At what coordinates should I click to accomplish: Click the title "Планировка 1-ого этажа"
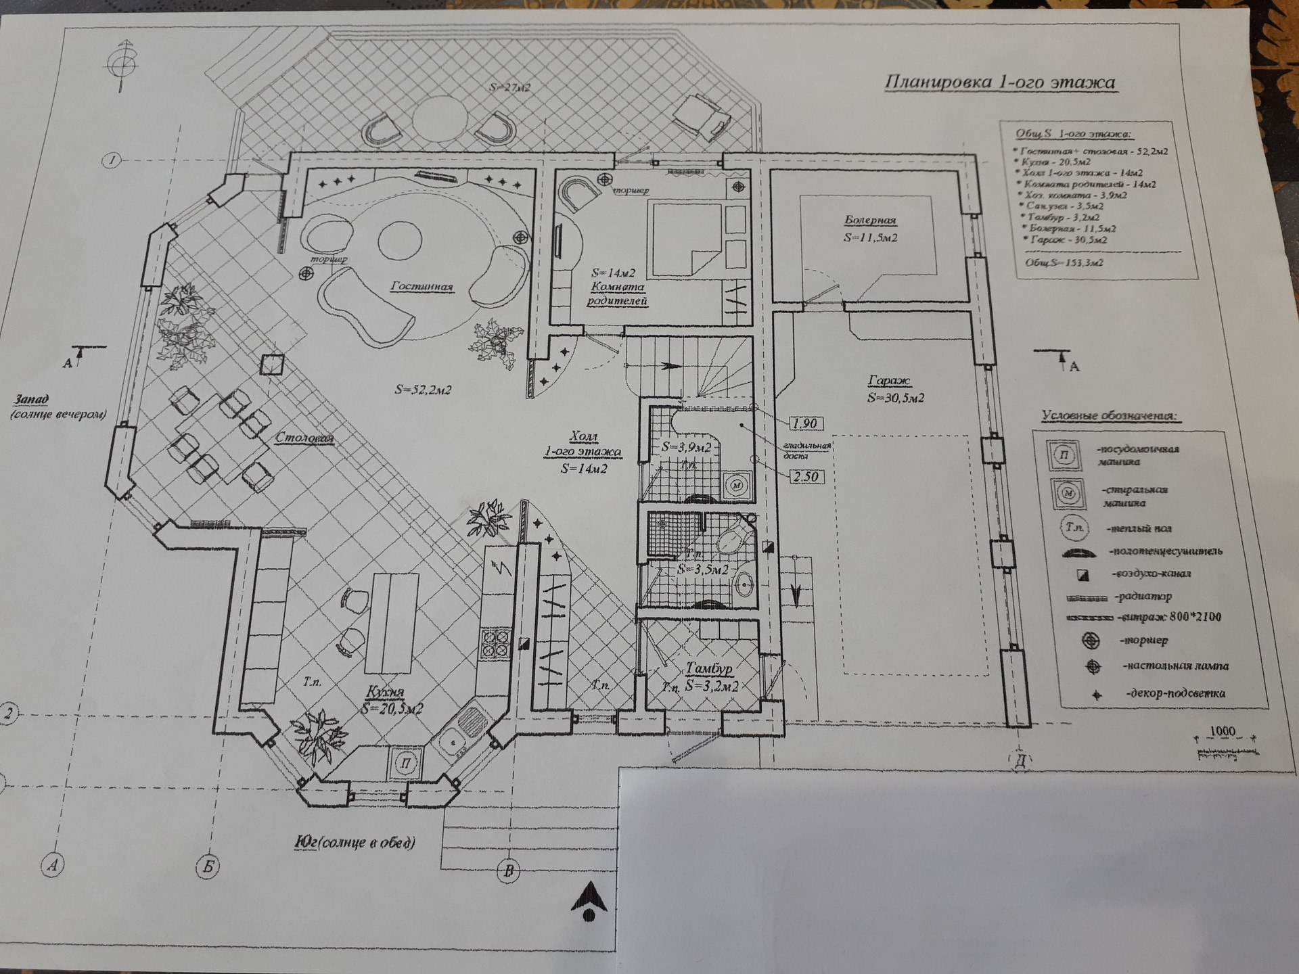(x=1000, y=83)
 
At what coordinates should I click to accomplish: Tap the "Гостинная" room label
(x=421, y=287)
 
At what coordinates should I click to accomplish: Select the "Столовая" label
(x=304, y=438)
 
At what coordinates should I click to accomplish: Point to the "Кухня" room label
(x=384, y=692)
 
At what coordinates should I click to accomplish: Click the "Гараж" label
(x=889, y=381)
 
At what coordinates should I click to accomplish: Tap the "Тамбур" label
(x=709, y=669)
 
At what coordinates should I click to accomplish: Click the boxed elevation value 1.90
(x=804, y=423)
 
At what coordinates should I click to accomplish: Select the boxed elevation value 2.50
(x=805, y=476)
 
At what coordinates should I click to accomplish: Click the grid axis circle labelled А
(x=53, y=864)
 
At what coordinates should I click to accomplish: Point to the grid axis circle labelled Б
(x=208, y=866)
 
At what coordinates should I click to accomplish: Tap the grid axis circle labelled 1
(x=112, y=160)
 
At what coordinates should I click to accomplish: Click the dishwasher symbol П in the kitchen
(x=406, y=763)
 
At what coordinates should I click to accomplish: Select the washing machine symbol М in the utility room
(x=737, y=485)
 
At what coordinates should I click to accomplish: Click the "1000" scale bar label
(x=1222, y=731)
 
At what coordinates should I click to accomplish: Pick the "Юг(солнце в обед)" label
(x=355, y=843)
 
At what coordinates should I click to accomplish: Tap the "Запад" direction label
(x=32, y=400)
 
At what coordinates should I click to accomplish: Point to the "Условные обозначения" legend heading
(x=1109, y=416)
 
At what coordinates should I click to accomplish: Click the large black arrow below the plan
(x=589, y=900)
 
